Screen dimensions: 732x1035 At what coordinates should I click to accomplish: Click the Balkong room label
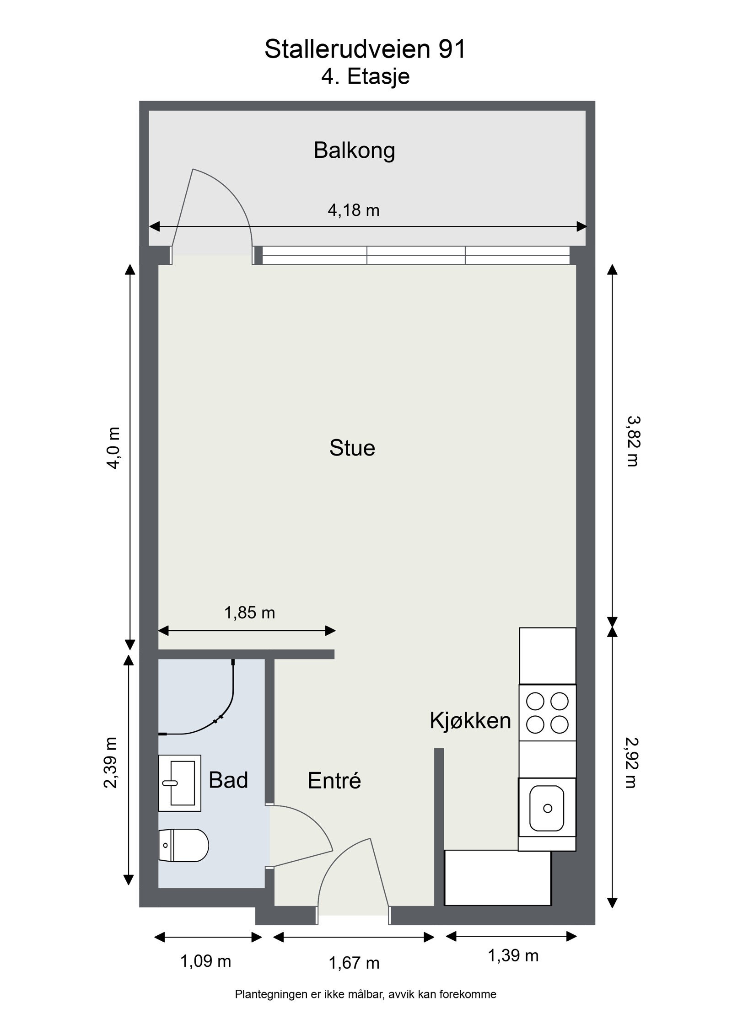[x=354, y=151]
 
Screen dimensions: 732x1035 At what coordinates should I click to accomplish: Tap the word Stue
[x=352, y=448]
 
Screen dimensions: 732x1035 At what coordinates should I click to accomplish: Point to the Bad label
[x=228, y=780]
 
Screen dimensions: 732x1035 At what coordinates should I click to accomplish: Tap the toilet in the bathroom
[x=183, y=845]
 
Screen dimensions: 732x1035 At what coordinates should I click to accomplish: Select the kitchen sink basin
[x=547, y=808]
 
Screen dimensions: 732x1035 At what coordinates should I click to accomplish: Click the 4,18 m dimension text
[x=354, y=210]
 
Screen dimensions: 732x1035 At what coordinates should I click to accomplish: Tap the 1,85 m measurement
[x=249, y=612]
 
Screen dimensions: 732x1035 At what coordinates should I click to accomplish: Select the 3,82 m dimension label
[x=632, y=441]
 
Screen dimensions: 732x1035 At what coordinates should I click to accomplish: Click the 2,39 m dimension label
[x=111, y=762]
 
